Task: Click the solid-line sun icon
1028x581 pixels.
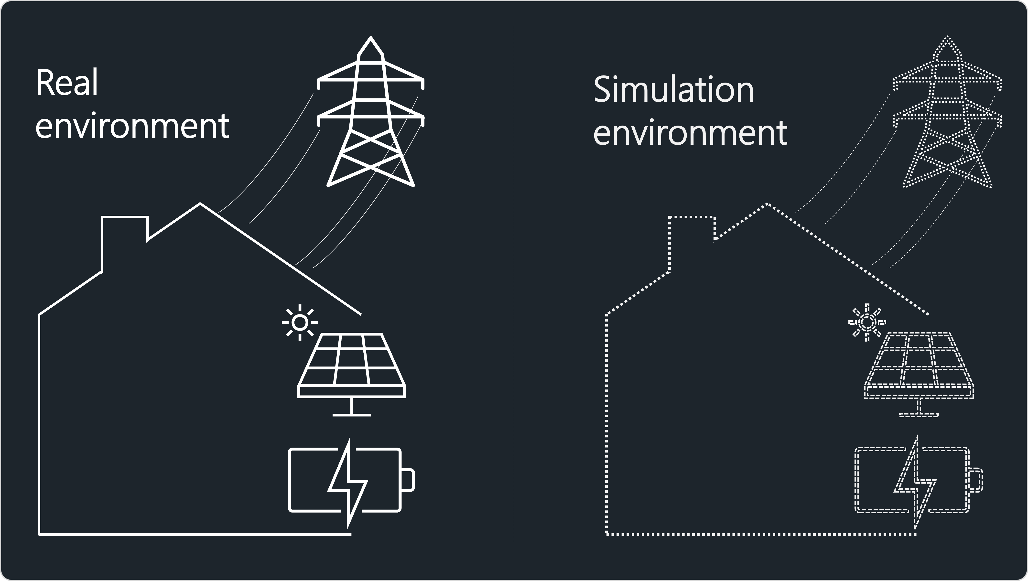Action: pos(300,323)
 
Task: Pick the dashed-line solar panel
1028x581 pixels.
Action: pos(919,365)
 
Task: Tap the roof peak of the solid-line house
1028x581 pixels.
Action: pos(200,204)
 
